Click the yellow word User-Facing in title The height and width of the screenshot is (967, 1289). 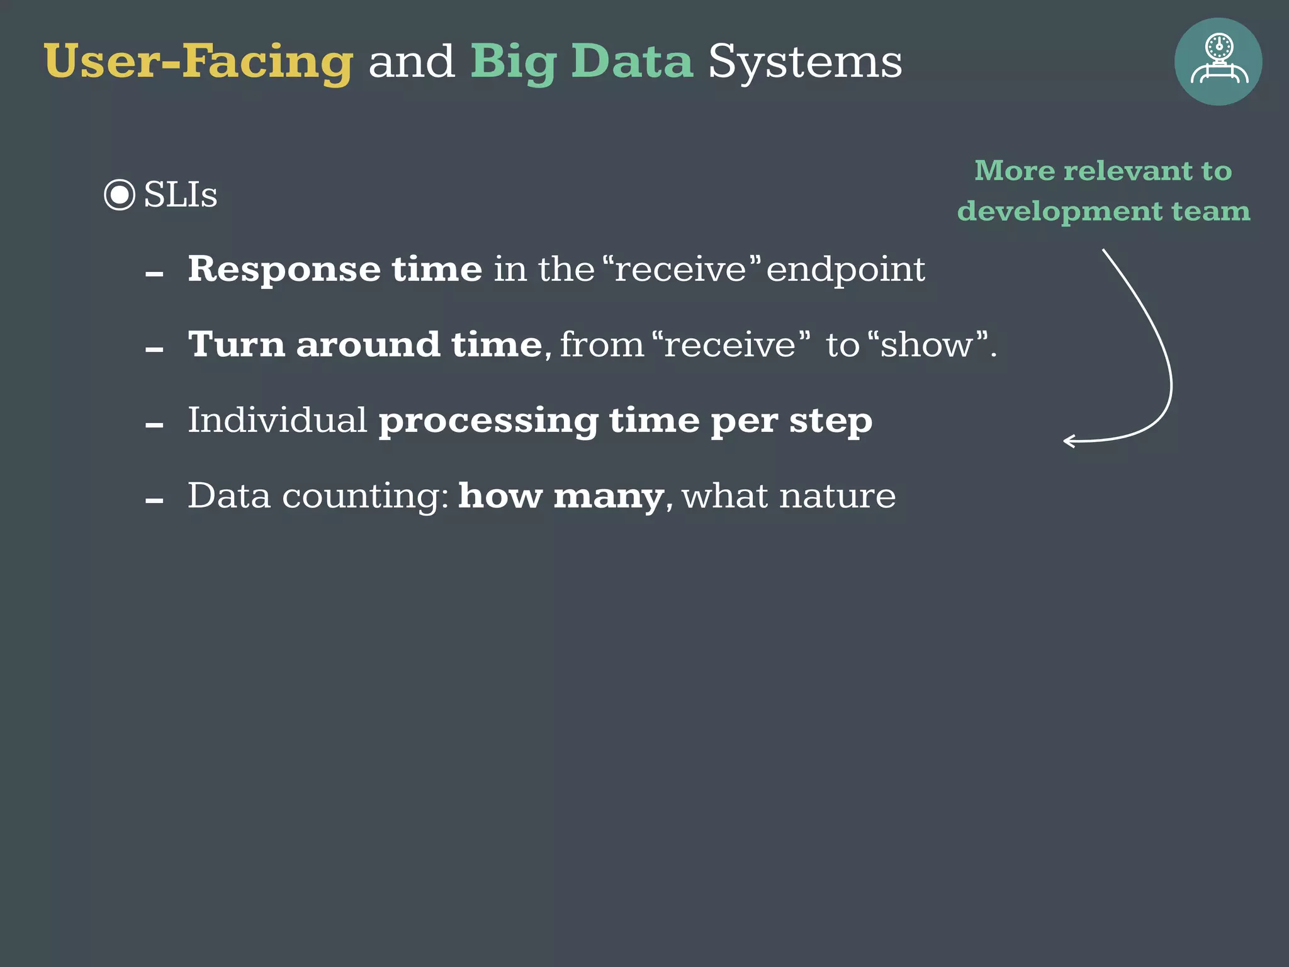(198, 62)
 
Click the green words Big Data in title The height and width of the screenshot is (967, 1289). (582, 62)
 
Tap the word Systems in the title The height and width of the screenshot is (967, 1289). (805, 62)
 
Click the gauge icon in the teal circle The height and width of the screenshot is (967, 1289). (1219, 61)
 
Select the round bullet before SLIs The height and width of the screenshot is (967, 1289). (120, 195)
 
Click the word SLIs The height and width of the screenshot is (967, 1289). (181, 195)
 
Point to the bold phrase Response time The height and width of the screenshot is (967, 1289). (335, 269)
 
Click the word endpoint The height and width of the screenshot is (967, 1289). (845, 269)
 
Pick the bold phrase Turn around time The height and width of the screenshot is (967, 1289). (365, 345)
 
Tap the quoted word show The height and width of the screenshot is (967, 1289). (926, 345)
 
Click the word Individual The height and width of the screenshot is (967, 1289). (277, 420)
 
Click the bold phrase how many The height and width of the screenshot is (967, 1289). (561, 496)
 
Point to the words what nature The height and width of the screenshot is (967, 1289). (789, 496)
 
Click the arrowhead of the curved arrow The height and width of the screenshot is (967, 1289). (1067, 441)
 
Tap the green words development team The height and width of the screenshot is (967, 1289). (1103, 211)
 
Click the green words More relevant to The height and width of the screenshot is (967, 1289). (1103, 171)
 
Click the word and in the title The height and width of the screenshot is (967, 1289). (412, 62)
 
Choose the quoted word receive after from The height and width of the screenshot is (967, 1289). (731, 345)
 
